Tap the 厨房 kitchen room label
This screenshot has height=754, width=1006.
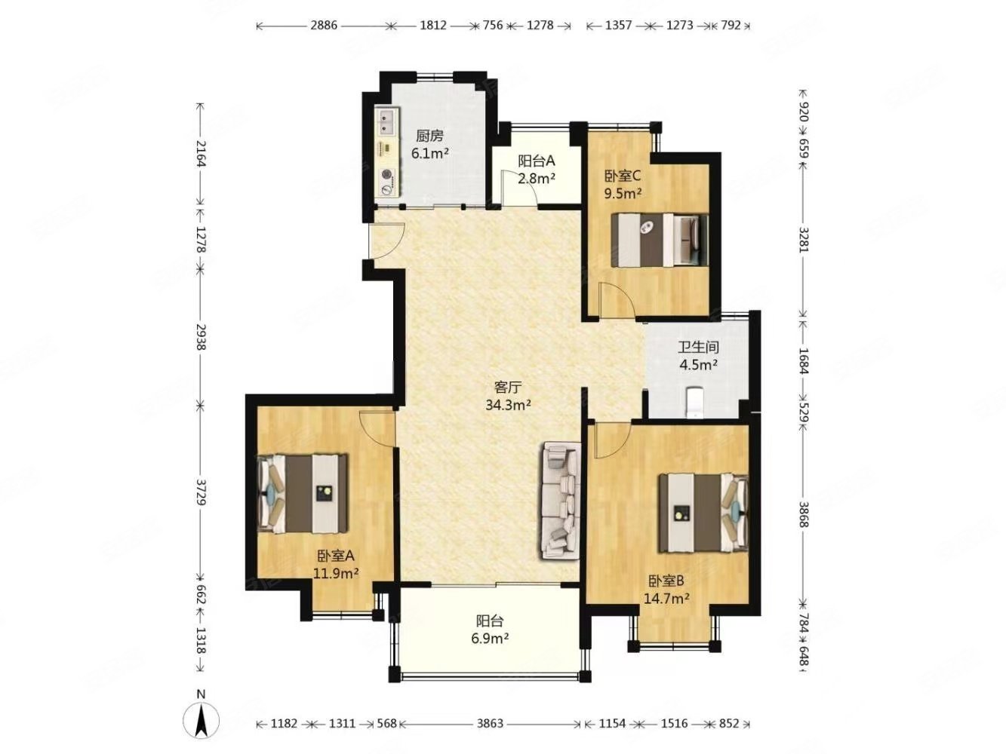click(x=429, y=136)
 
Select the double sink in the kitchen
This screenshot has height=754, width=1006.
click(x=387, y=122)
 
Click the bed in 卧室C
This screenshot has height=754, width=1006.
click(x=660, y=240)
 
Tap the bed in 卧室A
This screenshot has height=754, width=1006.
click(x=302, y=492)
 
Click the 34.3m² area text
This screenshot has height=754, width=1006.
click(x=508, y=405)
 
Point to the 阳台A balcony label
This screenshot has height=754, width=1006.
click(x=537, y=161)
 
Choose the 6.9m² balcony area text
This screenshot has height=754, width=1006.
click(x=490, y=638)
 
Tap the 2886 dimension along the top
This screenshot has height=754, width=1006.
click(x=324, y=25)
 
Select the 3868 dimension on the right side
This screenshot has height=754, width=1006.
click(x=803, y=514)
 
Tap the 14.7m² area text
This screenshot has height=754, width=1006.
click(x=666, y=597)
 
